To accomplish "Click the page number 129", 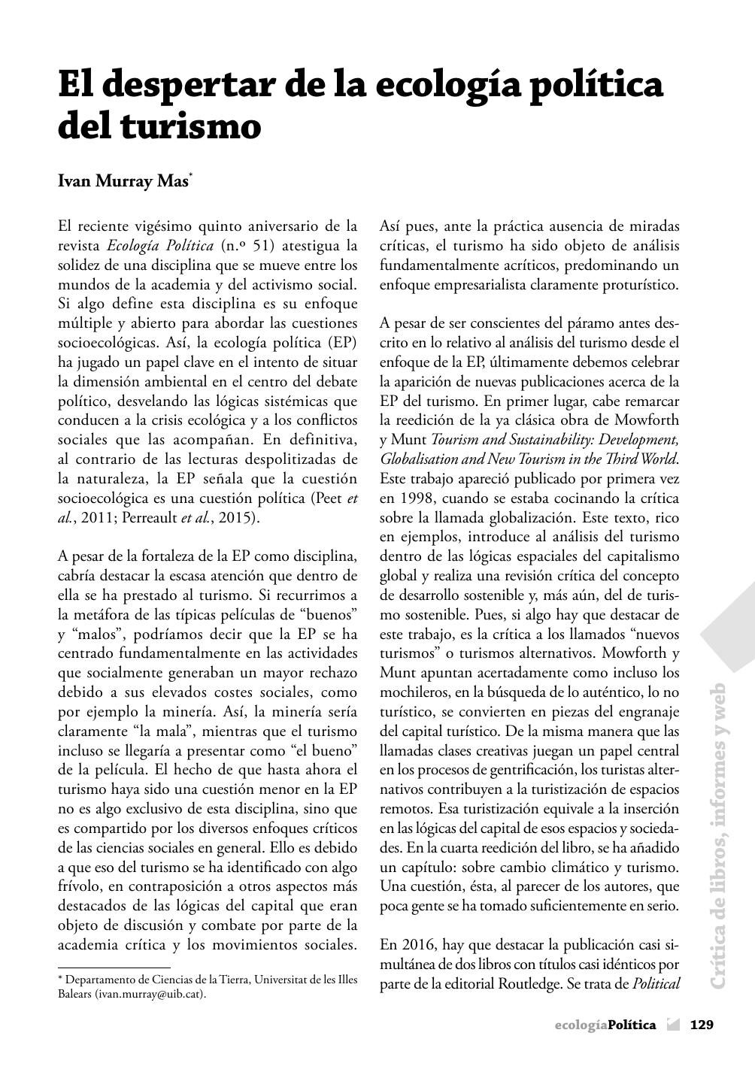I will coord(702,1024).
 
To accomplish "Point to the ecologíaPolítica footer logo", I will coord(605,1024).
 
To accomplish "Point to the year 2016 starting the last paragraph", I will coord(417,944).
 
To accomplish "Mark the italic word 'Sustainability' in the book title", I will coord(526,439).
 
